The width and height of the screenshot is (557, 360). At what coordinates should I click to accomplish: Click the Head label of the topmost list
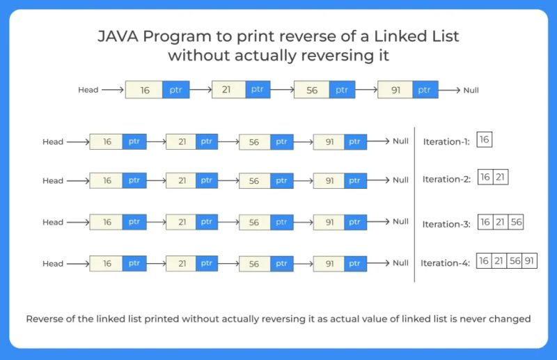tap(88, 90)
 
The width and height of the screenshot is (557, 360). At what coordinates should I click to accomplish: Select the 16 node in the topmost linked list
tap(144, 90)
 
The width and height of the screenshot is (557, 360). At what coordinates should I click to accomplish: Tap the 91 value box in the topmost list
tap(395, 90)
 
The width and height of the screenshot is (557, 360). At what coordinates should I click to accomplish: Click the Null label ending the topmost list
tap(471, 90)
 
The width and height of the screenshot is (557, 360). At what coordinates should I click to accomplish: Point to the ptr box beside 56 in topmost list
tap(341, 90)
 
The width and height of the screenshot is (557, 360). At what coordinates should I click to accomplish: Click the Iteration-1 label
tap(446, 141)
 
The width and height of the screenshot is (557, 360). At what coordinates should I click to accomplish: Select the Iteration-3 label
tap(446, 224)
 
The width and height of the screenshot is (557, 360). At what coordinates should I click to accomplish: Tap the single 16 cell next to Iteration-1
tap(485, 140)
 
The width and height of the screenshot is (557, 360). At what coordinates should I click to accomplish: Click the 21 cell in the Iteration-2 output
tap(501, 178)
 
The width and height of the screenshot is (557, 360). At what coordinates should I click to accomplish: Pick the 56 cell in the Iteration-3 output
tap(515, 223)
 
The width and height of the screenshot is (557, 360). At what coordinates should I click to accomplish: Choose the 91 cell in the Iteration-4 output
tap(530, 262)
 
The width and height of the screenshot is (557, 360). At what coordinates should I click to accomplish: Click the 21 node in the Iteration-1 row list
tap(181, 141)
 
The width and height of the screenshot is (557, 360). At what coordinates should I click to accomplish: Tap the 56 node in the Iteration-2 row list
tap(254, 180)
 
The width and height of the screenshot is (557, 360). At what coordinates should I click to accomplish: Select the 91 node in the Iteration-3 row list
tap(329, 222)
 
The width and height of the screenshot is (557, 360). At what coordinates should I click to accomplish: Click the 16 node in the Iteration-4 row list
tap(107, 264)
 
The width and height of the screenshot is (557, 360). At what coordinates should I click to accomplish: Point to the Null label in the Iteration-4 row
tap(400, 263)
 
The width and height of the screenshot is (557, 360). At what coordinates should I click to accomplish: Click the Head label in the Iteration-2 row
tap(53, 180)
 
